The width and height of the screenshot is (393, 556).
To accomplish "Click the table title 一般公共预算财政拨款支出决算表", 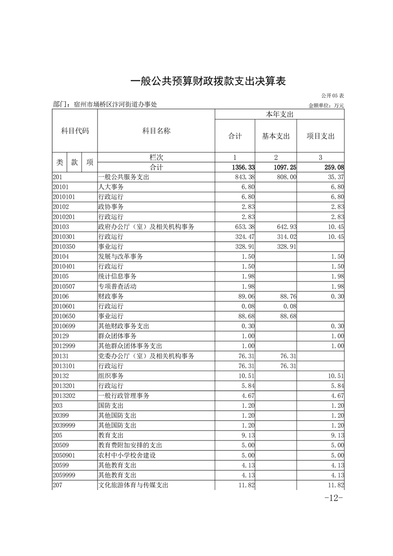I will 208,81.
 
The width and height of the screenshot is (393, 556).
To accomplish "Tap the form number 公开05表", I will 333,95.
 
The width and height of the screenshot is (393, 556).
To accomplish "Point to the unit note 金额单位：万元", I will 326,106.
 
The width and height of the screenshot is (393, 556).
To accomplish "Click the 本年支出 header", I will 280,114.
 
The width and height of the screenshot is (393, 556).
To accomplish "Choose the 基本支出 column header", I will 276,136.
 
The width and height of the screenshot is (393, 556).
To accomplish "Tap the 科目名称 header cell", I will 156,131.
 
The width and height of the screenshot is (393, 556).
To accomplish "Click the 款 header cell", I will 74,162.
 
